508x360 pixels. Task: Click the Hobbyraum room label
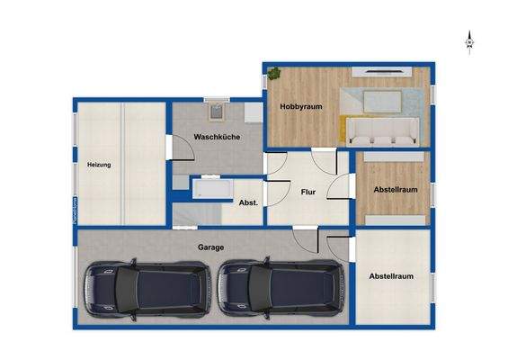[x=300, y=106]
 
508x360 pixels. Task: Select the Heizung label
[x=99, y=166]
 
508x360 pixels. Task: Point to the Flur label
[x=307, y=191]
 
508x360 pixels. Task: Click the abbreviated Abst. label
[x=248, y=202]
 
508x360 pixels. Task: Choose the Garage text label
[x=211, y=246]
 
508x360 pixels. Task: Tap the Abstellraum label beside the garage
[x=391, y=276]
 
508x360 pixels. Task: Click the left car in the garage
[x=146, y=291]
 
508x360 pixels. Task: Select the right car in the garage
[x=281, y=291]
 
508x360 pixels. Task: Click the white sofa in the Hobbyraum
[x=381, y=133]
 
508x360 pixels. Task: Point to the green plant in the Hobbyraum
[x=273, y=73]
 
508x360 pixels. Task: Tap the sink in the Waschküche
[x=216, y=112]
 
